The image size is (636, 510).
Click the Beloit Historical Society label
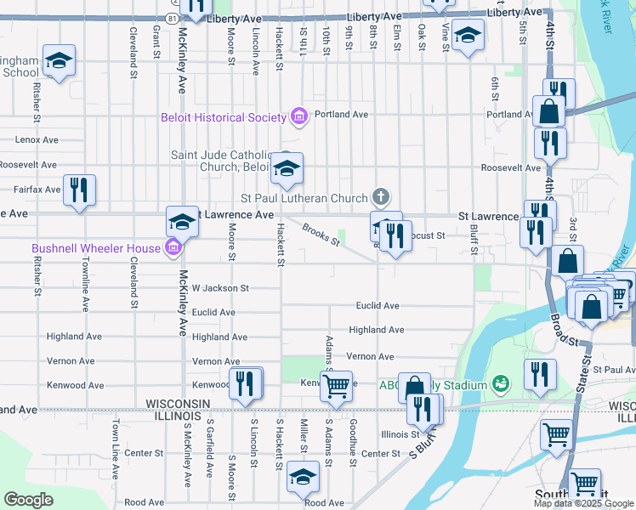pyautogui.click(x=224, y=117)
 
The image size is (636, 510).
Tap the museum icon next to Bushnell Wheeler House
pyautogui.click(x=173, y=248)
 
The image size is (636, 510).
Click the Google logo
pyautogui.click(x=28, y=500)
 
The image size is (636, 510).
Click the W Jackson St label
pyautogui.click(x=220, y=289)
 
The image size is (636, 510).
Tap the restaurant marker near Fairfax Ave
pyautogui.click(x=79, y=189)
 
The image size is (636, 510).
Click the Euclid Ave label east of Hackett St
pyautogui.click(x=378, y=306)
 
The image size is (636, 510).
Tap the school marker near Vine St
pyautogui.click(x=466, y=36)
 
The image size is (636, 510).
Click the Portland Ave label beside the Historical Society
pyautogui.click(x=341, y=114)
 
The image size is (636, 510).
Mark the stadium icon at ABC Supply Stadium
pyautogui.click(x=500, y=385)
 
